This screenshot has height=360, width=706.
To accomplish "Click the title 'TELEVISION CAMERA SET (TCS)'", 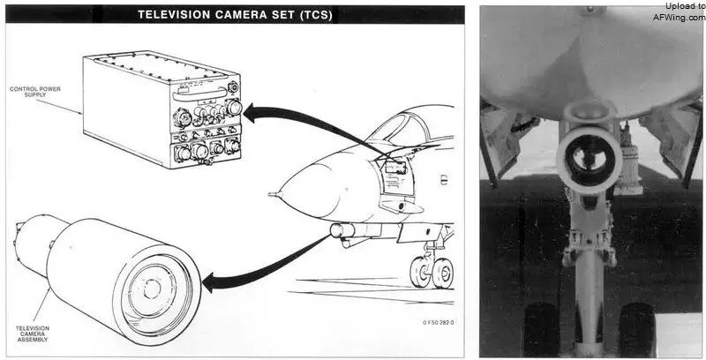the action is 235,15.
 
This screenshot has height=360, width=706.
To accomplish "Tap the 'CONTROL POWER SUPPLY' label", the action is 35,92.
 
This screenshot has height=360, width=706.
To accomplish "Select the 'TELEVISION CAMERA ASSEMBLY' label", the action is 33,334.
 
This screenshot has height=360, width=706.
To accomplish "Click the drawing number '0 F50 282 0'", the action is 439,322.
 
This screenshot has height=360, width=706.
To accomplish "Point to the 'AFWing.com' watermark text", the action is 680,18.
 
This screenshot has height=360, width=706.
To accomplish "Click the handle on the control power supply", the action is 199,94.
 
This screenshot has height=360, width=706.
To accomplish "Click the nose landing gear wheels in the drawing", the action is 432,273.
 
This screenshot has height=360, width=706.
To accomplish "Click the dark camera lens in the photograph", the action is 590,159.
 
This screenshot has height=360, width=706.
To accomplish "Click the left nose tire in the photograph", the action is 542,330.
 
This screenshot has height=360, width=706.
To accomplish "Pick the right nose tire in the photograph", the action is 636,330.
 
